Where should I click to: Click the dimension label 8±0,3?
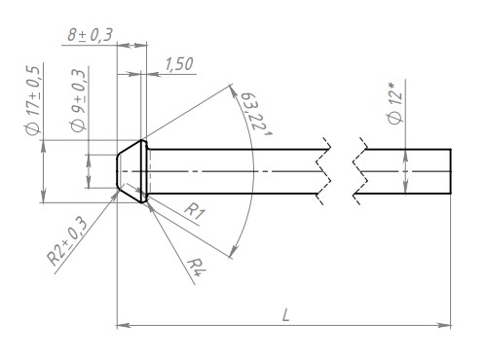[90, 35]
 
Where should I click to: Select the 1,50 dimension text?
[179, 64]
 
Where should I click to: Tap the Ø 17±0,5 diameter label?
[33, 100]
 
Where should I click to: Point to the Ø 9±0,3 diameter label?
[79, 100]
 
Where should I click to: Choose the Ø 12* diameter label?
[395, 103]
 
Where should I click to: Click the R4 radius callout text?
[198, 268]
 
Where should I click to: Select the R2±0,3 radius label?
[67, 240]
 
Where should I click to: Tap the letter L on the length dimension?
[285, 315]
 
